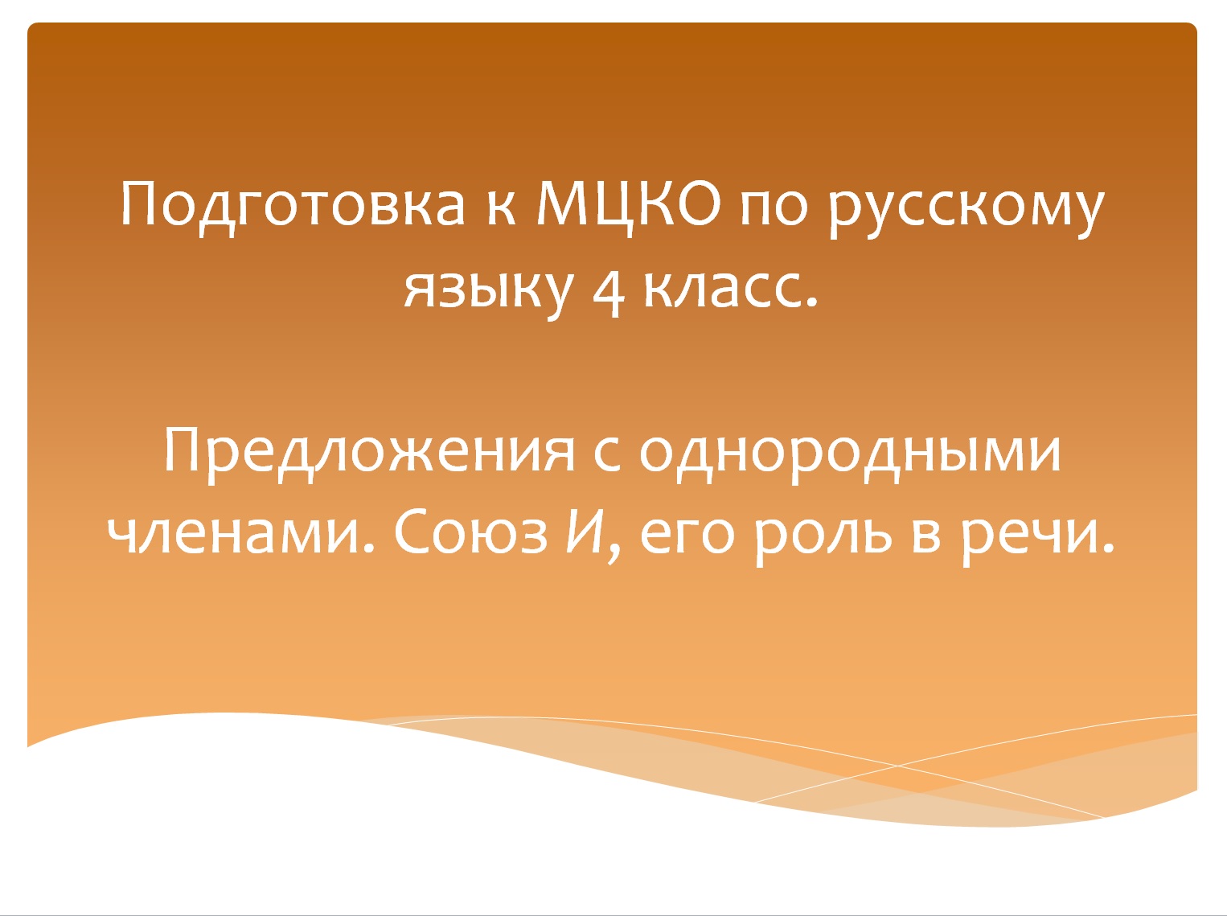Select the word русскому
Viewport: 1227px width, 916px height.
(967, 207)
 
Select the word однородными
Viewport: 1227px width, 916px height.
(850, 453)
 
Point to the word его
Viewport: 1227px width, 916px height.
(687, 536)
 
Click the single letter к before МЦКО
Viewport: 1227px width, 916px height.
(501, 207)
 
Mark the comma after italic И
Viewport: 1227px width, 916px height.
(614, 552)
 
